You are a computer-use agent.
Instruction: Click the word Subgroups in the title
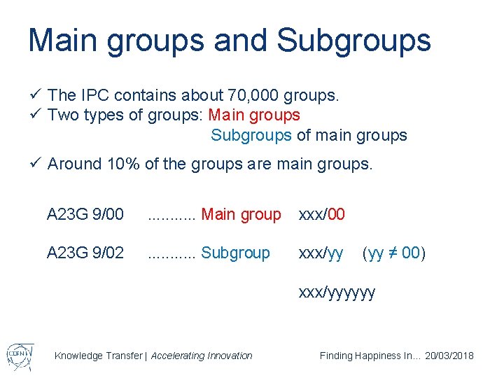click(x=353, y=40)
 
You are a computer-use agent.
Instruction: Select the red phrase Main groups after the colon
click(x=255, y=115)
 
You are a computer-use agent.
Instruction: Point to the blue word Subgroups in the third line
click(x=251, y=135)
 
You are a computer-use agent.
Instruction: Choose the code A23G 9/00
click(x=85, y=214)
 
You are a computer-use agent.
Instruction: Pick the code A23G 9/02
click(x=85, y=253)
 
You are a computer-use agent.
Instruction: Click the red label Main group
click(x=241, y=214)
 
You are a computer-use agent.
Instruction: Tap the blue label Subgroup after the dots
click(x=235, y=253)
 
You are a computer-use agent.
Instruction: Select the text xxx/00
click(x=322, y=214)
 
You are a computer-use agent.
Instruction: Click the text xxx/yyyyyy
click(x=337, y=292)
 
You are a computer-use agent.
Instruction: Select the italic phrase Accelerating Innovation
click(x=202, y=356)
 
